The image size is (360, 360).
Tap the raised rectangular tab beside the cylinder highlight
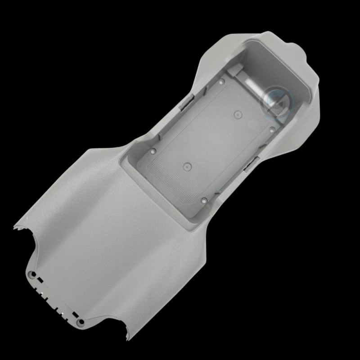coord(235,70)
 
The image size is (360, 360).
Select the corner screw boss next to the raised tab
coord(221,82)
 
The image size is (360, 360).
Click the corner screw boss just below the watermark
coord(272,129)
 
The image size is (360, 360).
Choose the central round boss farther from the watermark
coord(185,166)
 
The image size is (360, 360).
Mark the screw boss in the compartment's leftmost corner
coord(153,152)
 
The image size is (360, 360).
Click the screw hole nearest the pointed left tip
coord(32,274)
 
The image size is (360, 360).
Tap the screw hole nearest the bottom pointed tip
coord(81,322)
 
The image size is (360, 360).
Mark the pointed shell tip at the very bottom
coord(128,338)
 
